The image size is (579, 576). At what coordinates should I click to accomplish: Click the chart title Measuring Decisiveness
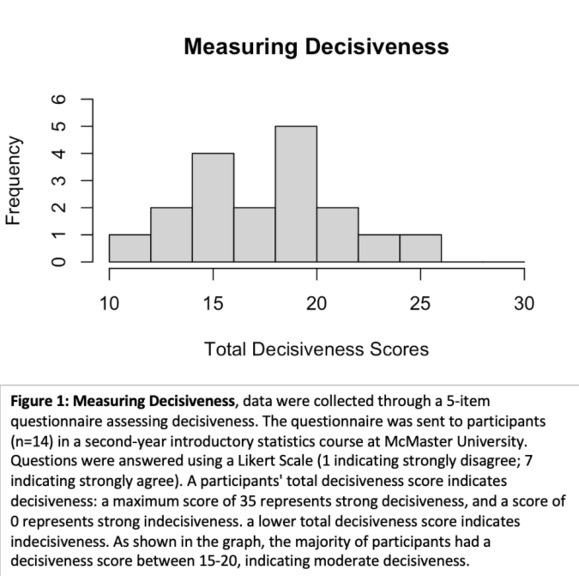[316, 47]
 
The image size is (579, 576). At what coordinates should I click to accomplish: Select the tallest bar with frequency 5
[296, 194]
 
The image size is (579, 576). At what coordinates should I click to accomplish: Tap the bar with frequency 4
[213, 207]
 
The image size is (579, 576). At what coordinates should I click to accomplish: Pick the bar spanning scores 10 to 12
[130, 248]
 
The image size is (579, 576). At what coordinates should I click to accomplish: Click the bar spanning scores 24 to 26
[420, 248]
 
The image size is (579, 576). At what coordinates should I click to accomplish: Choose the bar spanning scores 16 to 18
[254, 235]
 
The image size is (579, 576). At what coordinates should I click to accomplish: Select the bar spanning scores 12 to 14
[171, 235]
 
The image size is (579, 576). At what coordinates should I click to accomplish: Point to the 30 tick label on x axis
[524, 304]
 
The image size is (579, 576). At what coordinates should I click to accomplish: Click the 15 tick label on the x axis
[213, 304]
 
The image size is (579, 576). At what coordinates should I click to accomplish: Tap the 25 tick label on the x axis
[420, 304]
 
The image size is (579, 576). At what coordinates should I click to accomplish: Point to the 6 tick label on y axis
[58, 99]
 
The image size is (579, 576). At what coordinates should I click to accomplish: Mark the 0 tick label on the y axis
[58, 262]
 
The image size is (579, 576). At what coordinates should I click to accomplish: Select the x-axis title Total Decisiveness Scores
[317, 349]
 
